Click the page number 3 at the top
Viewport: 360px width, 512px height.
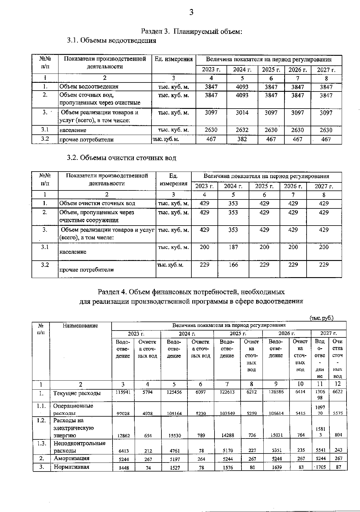click(x=191, y=12)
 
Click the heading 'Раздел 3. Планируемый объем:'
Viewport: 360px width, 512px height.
click(x=191, y=31)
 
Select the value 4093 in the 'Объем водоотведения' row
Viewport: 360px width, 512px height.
click(x=242, y=87)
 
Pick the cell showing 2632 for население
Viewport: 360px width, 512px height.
click(x=242, y=130)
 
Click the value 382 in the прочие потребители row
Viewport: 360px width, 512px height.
click(x=242, y=139)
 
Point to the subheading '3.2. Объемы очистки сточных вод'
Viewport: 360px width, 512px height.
click(x=121, y=158)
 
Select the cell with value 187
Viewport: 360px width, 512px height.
click(x=233, y=247)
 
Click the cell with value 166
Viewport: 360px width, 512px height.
click(x=233, y=265)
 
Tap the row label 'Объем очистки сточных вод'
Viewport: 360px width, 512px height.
click(x=97, y=203)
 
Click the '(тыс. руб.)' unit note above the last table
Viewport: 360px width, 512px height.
click(x=321, y=318)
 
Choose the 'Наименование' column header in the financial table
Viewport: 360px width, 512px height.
click(x=80, y=325)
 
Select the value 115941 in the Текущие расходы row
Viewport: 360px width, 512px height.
click(x=123, y=392)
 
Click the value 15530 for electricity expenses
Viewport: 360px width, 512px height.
click(x=174, y=435)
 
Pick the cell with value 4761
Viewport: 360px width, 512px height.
click(x=174, y=451)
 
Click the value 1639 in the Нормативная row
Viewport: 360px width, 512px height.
click(x=276, y=467)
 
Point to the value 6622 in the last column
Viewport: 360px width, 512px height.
click(x=337, y=392)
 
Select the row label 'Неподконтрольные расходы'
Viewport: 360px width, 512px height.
click(x=79, y=447)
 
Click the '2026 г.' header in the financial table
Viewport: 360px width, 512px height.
click(x=286, y=333)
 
